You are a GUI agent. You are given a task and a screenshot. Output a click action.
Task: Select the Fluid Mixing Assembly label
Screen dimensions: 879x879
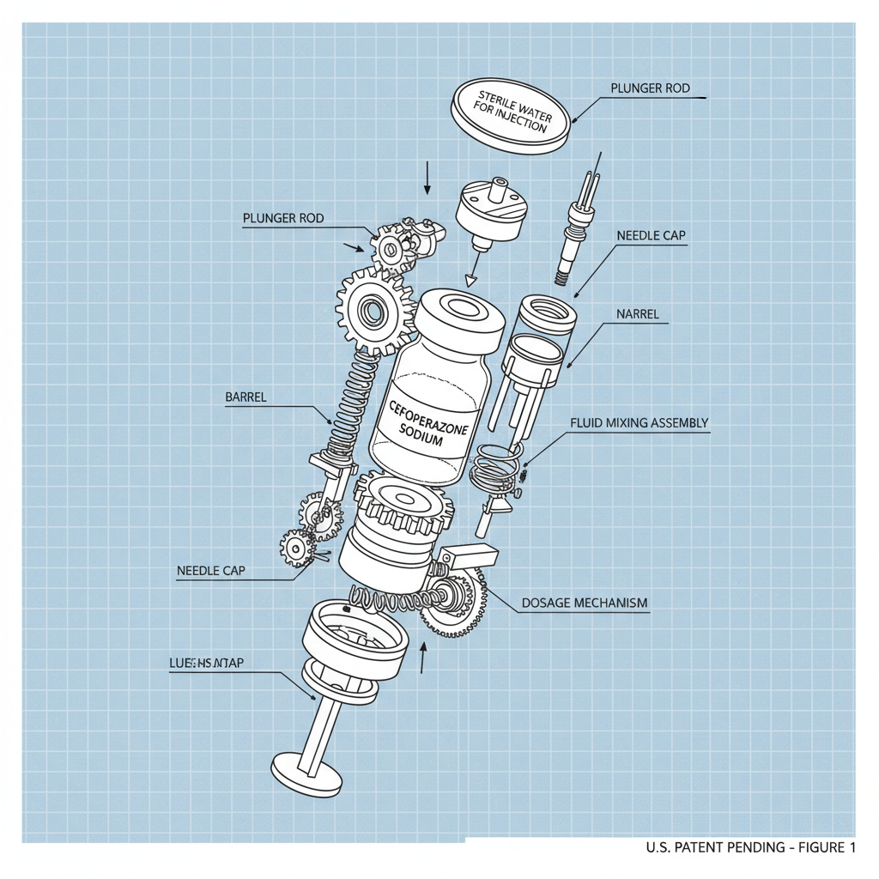coord(639,422)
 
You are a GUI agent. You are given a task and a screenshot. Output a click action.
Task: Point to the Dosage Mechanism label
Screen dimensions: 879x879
coord(584,603)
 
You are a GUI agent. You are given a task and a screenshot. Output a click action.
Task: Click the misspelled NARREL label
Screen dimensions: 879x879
coord(638,314)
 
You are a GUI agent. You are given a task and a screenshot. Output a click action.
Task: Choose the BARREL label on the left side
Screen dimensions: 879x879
coord(246,397)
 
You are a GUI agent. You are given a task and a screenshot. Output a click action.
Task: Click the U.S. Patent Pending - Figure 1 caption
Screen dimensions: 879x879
coord(750,848)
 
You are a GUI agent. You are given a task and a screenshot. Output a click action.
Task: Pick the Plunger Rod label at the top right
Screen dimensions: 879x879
coord(650,88)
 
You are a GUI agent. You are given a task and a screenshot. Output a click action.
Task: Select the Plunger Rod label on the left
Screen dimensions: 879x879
coord(283,218)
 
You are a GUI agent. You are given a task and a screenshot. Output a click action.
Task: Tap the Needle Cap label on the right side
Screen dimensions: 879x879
coord(651,235)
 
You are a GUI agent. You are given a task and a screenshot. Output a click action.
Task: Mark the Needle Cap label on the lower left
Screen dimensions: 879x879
coord(211,570)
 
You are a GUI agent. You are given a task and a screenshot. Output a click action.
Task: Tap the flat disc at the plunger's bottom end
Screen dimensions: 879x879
coord(307,767)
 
